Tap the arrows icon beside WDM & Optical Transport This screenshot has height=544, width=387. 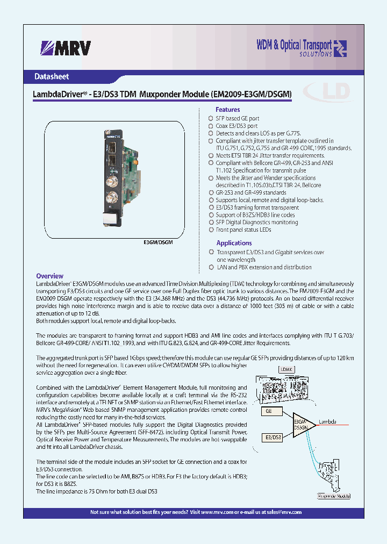pos(340,48)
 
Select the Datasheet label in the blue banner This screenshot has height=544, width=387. pos(52,76)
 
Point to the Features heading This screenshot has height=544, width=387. pos(228,110)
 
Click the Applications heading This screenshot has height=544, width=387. pos(234,243)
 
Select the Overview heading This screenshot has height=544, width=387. pos(49,276)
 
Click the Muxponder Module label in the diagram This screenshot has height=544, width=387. pos(334,497)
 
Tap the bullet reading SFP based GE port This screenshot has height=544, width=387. pos(237,118)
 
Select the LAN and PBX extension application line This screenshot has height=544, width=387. pos(263,267)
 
